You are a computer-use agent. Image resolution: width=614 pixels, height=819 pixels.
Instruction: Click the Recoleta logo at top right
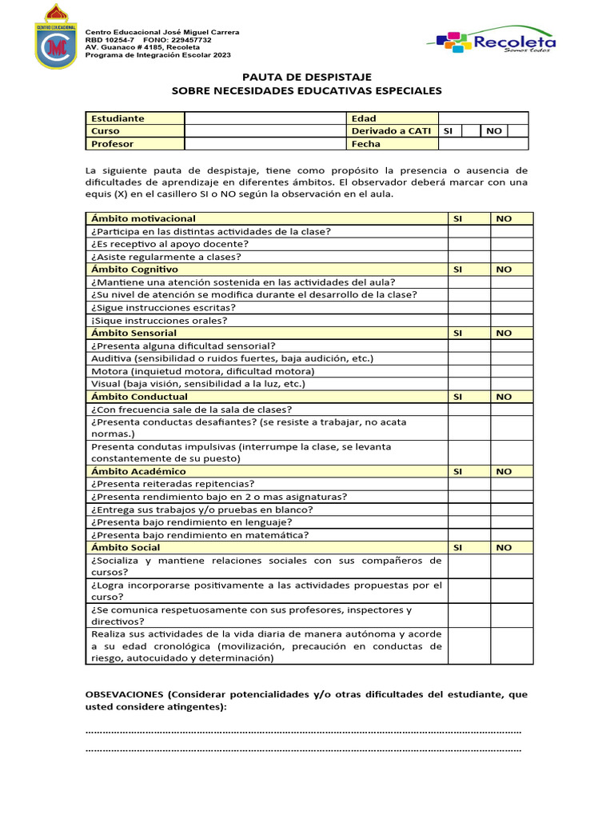[492, 40]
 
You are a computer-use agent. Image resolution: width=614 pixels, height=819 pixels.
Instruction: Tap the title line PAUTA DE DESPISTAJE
[307, 77]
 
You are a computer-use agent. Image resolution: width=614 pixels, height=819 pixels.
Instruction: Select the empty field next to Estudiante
[264, 118]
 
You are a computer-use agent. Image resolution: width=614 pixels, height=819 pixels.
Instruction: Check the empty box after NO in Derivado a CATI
[517, 131]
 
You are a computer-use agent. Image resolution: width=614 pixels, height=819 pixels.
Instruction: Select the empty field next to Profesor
[264, 144]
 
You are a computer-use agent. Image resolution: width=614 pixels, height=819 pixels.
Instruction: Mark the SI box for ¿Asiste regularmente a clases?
[468, 257]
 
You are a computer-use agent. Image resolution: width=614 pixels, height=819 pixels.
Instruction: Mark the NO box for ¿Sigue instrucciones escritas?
[512, 307]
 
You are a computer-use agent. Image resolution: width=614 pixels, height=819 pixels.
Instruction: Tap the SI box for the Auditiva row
[468, 358]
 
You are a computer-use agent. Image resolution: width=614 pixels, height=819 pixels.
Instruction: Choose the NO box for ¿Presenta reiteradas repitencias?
[512, 484]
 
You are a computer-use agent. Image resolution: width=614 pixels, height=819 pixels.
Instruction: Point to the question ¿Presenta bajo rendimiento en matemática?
[200, 535]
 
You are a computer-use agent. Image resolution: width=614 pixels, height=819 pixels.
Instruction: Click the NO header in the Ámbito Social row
[504, 548]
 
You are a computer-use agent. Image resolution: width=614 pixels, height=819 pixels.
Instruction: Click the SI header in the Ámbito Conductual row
[458, 397]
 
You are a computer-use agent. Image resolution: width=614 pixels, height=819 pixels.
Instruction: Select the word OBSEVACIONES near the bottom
[125, 694]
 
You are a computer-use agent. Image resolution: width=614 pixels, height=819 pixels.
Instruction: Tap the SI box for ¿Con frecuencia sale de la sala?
[468, 409]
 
